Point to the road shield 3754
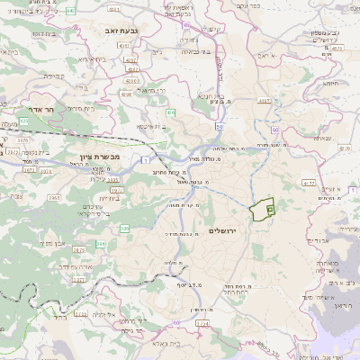pyautogui.click(x=202, y=320)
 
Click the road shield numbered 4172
pyautogui.click(x=309, y=183)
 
